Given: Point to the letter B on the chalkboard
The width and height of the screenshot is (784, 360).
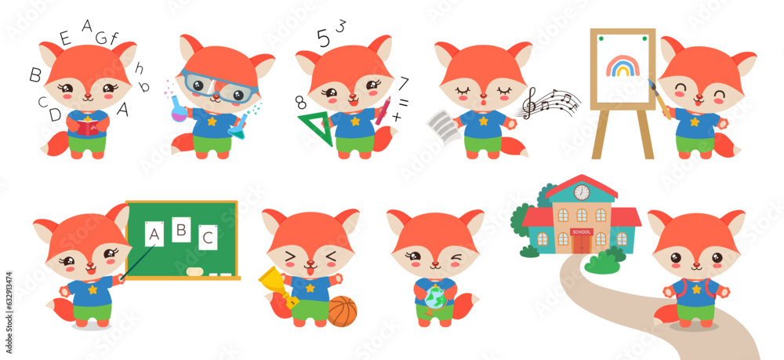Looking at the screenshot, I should click(x=181, y=230).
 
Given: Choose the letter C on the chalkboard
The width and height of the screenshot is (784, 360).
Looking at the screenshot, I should click(x=208, y=236).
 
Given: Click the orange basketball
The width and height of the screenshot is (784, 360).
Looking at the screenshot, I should click(x=342, y=311).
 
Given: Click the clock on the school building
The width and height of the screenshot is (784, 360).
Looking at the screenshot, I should click(x=581, y=191).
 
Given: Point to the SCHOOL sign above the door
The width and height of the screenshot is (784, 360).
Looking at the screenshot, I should click(x=582, y=231).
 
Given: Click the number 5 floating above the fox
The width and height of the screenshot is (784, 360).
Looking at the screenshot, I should click(x=323, y=37).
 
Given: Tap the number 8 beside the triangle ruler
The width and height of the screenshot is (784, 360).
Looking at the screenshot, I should click(x=300, y=102).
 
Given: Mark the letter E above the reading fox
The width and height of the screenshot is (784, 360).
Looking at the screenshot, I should click(x=65, y=38).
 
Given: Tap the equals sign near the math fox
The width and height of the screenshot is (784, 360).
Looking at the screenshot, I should click(x=404, y=102).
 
